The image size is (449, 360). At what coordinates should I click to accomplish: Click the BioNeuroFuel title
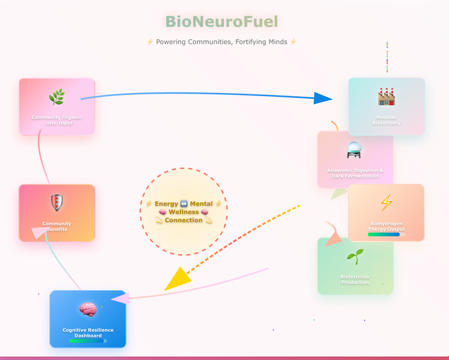221,22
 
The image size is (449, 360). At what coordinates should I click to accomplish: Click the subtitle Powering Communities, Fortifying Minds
221,42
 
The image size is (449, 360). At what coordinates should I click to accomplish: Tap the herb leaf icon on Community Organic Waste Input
57,97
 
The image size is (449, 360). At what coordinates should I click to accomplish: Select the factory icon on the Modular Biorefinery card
386,96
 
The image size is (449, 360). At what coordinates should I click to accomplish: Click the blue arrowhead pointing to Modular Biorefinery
323,98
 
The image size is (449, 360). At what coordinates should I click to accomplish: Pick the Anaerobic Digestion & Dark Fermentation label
355,173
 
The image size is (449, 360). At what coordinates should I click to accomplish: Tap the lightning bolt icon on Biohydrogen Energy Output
386,203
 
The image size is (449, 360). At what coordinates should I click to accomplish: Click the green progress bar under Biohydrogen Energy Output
384,234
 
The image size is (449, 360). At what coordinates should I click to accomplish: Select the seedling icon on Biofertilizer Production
355,256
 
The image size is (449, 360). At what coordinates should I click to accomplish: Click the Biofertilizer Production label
355,280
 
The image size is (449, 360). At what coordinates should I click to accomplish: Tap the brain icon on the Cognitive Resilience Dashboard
87,309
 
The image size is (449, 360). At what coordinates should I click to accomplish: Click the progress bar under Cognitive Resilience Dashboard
87,341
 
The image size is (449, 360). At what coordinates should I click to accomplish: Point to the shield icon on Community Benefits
57,203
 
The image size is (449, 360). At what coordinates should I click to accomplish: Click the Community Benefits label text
57,226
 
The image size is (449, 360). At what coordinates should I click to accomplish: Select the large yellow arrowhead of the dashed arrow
177,278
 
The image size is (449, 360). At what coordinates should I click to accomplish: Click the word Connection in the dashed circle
184,221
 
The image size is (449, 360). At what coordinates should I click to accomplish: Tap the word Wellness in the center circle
184,212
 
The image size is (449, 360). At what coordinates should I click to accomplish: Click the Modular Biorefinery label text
386,120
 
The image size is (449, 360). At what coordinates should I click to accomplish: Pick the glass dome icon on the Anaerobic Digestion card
355,150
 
